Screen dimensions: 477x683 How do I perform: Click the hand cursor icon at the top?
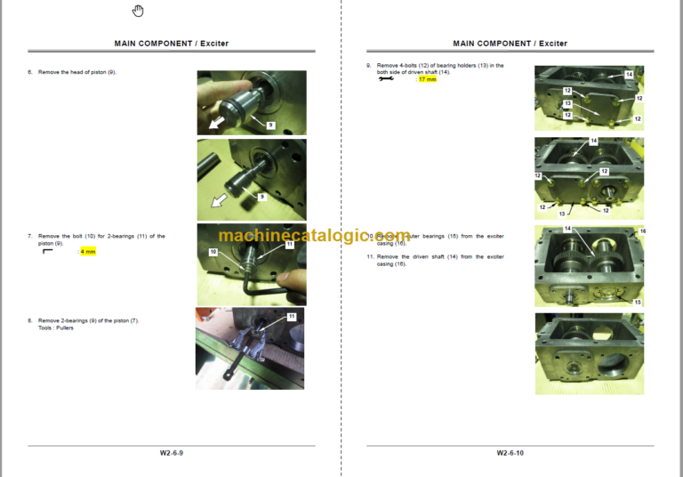point(138,11)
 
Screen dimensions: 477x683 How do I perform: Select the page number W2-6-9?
point(172,453)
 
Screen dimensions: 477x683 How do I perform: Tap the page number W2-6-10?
point(510,453)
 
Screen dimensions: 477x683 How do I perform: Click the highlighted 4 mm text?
point(87,252)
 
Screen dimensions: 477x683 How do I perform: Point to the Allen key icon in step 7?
point(48,252)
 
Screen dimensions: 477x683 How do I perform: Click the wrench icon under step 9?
point(385,79)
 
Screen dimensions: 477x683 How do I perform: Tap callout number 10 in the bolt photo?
point(213,252)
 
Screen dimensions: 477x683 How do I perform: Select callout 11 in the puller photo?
point(291,316)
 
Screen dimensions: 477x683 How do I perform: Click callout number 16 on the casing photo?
point(642,231)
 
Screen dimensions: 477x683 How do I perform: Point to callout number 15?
point(637,303)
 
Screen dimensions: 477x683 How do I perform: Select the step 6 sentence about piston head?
point(76,71)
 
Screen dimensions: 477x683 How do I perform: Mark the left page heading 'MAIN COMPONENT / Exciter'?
point(172,43)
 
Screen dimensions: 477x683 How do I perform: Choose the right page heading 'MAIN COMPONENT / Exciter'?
point(510,43)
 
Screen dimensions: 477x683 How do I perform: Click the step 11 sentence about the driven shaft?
point(440,260)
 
